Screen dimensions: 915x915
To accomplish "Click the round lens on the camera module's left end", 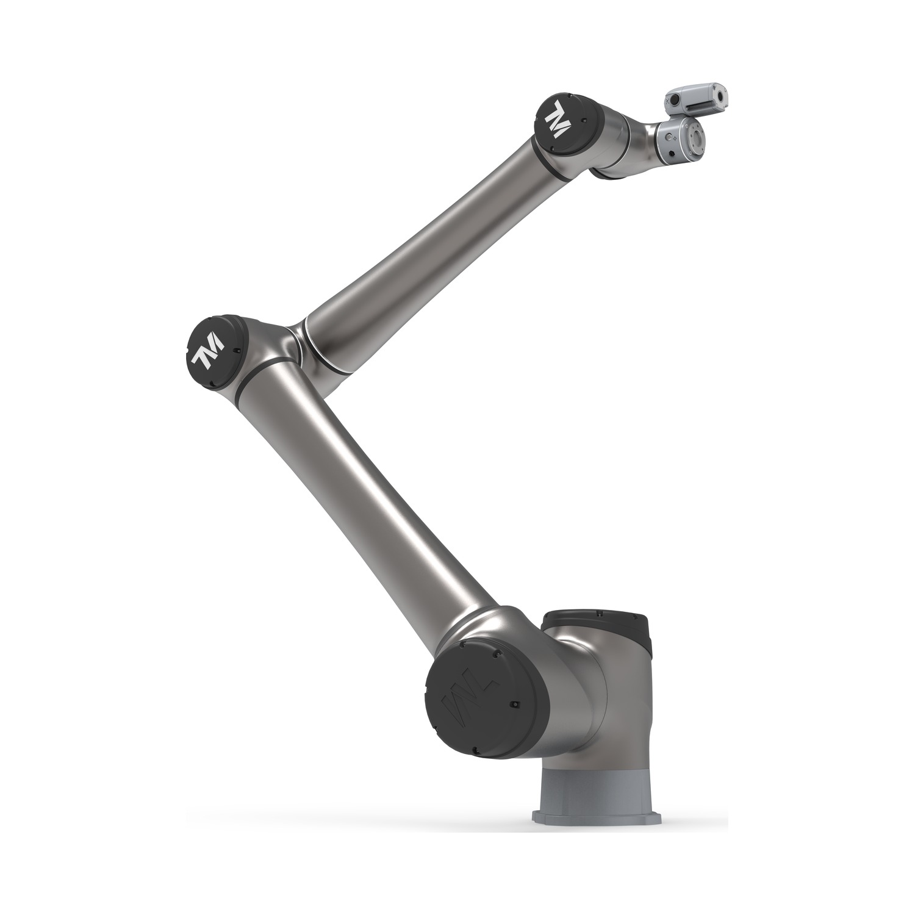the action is pos(675,101).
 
